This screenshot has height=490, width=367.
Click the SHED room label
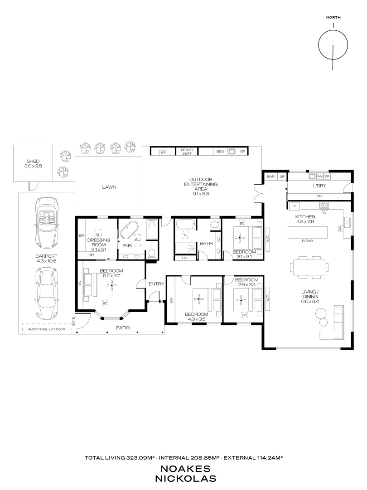(32, 162)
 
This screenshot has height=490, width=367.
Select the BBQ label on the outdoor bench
(220, 152)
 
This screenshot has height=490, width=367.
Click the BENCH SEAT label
(187, 152)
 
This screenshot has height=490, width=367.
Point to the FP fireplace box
(164, 152)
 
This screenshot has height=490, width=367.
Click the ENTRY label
(156, 284)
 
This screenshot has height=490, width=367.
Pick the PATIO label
(123, 327)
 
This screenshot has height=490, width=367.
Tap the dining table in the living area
(309, 266)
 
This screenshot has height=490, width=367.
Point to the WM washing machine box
(320, 176)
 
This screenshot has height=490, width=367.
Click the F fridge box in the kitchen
(295, 206)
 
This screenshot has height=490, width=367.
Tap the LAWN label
(109, 186)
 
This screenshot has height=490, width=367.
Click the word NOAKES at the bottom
(183, 469)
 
